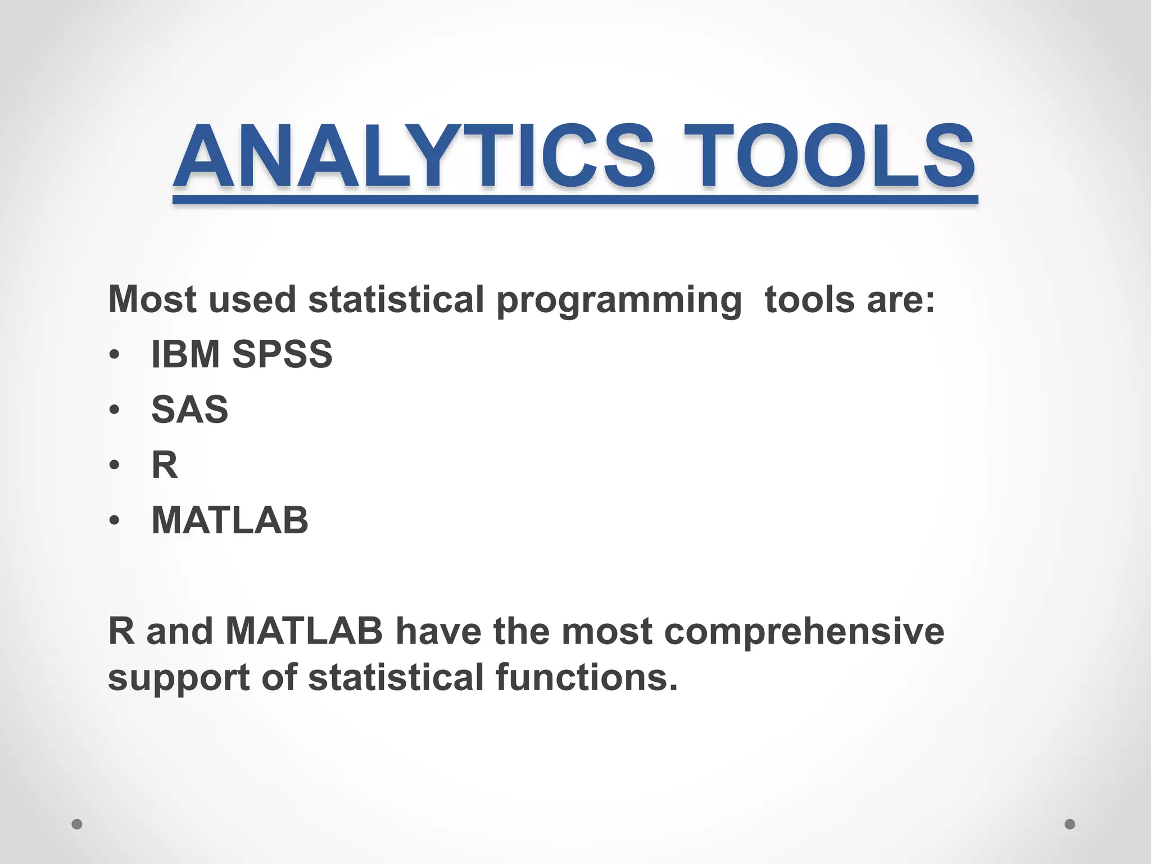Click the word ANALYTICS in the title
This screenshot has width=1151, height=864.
tap(414, 156)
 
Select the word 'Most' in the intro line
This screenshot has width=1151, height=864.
tap(152, 299)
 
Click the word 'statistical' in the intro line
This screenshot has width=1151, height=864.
tap(396, 299)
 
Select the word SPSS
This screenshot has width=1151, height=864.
tap(282, 354)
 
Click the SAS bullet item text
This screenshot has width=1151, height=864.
tap(190, 409)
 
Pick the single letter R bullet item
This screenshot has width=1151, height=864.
tap(164, 465)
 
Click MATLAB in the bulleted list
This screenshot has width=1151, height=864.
tap(230, 520)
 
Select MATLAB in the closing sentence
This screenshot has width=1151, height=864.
tap(304, 631)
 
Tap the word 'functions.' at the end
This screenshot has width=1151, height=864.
tap(587, 677)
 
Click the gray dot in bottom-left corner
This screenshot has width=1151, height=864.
tap(77, 824)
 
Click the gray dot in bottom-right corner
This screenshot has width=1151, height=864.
tap(1070, 824)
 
